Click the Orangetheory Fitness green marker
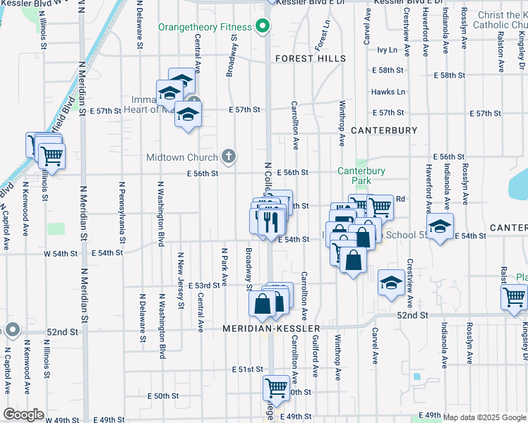coord(263,27)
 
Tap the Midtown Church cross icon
coord(228,156)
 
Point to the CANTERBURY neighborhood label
coord(384,130)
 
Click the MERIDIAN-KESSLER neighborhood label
coord(272,329)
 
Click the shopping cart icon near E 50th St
coord(275,387)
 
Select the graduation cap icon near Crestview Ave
coord(391,283)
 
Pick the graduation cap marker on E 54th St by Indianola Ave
coord(439,227)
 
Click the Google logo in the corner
coord(23,415)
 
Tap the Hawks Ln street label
coord(388,92)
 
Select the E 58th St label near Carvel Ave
coord(388,70)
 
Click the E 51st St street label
coord(246,369)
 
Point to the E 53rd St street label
coord(208,286)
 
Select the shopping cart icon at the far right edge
coord(514,298)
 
